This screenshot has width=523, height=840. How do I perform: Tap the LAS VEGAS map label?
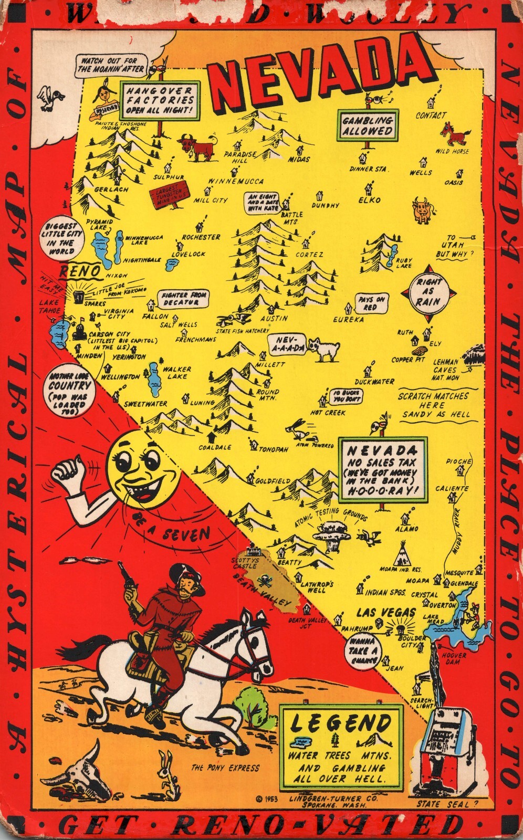(386, 612)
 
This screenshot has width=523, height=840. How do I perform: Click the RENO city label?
(79, 271)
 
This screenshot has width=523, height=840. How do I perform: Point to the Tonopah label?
(273, 450)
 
